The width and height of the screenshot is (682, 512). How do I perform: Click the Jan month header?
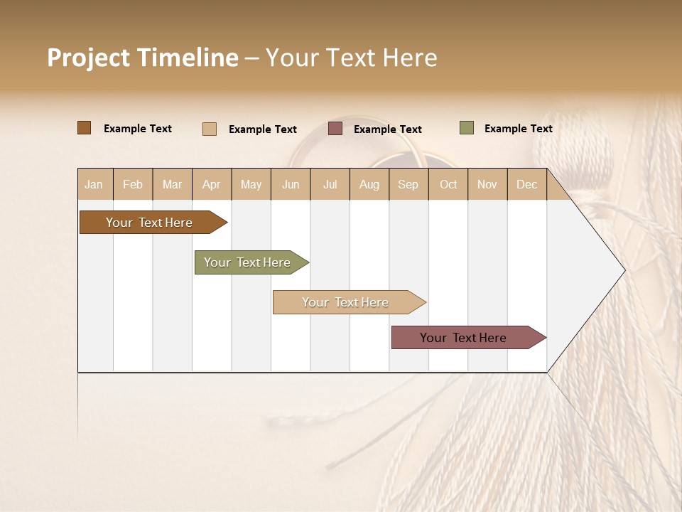tap(94, 184)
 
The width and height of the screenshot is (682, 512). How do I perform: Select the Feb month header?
tap(133, 184)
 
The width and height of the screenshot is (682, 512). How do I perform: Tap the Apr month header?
tap(211, 184)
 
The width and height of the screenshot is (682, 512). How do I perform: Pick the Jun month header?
tap(291, 184)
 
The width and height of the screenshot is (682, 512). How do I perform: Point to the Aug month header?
tap(369, 184)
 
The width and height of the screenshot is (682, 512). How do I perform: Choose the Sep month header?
tap(408, 184)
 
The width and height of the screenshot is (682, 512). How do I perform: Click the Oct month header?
tap(448, 184)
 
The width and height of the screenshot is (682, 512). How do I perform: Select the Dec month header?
tap(526, 184)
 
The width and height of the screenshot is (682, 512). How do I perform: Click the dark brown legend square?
tap(85, 128)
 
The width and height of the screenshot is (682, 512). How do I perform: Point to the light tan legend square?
tap(210, 129)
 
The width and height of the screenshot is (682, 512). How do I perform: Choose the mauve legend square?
tap(335, 129)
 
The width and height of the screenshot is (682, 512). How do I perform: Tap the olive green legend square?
tap(467, 128)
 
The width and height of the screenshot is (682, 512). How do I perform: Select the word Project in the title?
tap(89, 58)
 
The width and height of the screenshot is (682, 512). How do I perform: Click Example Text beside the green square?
tap(518, 128)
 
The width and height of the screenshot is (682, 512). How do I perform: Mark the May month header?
tap(251, 184)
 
